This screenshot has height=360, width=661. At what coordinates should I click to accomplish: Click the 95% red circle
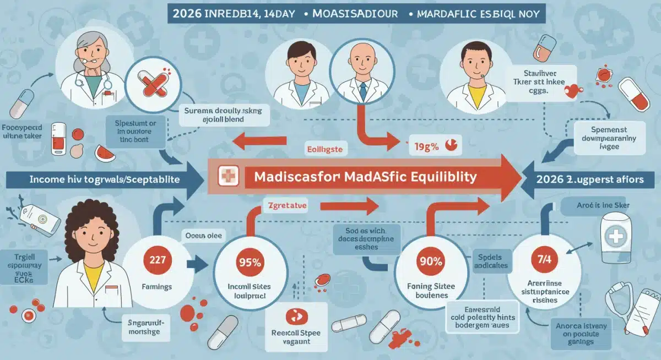point(249,263)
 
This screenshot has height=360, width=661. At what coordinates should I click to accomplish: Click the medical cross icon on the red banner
point(227,177)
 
